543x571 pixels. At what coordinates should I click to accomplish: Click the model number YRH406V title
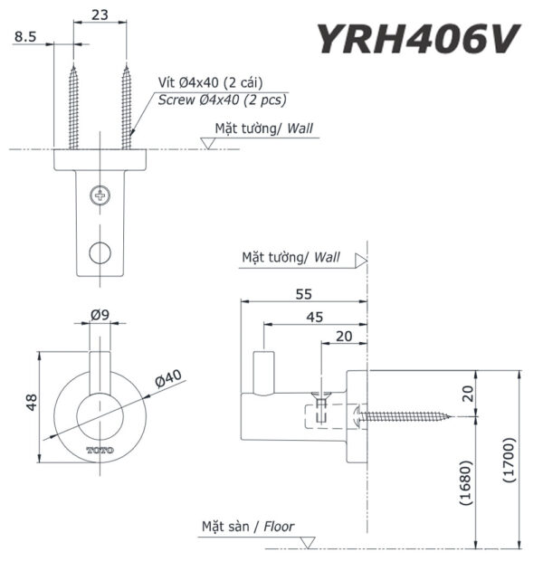coord(417,39)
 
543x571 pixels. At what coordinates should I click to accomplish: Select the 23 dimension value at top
coord(100,14)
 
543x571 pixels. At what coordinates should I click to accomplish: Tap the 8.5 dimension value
coord(25,37)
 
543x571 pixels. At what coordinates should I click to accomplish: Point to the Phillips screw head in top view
coord(100,194)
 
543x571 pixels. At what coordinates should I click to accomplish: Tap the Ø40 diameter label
coord(168,377)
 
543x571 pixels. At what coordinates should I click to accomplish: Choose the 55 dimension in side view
coord(304,292)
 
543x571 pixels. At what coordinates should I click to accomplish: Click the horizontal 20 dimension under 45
coord(344,337)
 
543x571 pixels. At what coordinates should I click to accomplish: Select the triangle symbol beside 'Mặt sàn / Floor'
coord(308,542)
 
